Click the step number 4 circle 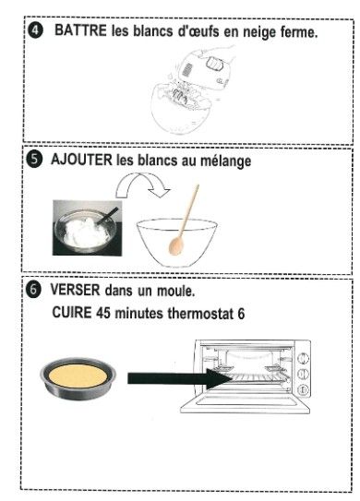coord(35,31)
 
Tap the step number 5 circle coord(33,160)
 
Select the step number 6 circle coord(33,290)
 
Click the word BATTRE coord(80,30)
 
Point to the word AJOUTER coord(81,160)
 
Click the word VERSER coord(75,290)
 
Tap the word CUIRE coord(72,313)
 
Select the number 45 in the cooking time coord(103,313)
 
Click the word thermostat coord(201,313)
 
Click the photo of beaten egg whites coord(88,228)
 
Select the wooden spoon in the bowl coord(183,221)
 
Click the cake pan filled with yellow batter coord(78,378)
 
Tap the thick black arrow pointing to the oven coord(180,378)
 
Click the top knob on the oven coord(303,358)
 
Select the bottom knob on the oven coord(303,389)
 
